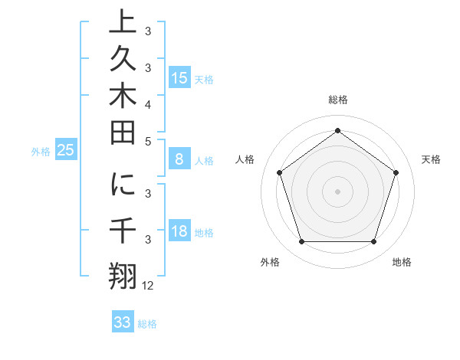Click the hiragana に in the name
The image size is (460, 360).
tap(123, 186)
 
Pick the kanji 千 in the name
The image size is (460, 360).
tap(123, 231)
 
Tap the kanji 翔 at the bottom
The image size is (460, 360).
tap(123, 276)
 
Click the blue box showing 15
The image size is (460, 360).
tap(179, 78)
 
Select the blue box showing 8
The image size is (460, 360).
tap(179, 160)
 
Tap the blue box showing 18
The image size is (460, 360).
tap(179, 232)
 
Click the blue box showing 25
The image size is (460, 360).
tap(65, 151)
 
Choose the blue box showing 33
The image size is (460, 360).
tap(123, 322)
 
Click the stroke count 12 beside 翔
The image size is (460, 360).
tap(148, 286)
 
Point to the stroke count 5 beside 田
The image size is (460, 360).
tap(148, 142)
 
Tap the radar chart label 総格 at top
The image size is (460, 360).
tap(337, 100)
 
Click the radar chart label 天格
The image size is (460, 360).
tap(431, 159)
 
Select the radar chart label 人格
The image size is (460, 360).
tap(245, 159)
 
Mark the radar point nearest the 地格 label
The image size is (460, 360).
tap(373, 242)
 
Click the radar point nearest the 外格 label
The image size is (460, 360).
tap(301, 242)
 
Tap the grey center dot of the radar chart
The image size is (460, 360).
tap(337, 191)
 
